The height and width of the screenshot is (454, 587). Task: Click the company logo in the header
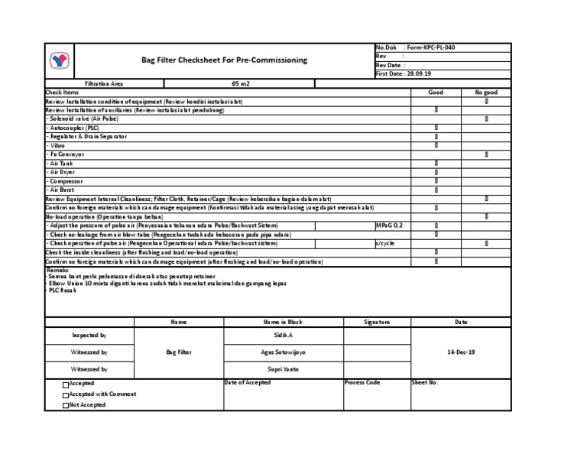click(59, 61)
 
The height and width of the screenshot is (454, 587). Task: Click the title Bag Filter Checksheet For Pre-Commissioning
click(225, 60)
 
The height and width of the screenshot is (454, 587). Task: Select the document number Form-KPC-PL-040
click(432, 47)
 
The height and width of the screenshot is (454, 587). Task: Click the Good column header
click(436, 92)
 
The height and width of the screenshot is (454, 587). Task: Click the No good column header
click(486, 92)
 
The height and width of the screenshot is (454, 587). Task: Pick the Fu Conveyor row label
click(66, 154)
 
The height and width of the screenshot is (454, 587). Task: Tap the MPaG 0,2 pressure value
click(389, 225)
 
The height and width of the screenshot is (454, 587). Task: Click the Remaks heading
click(58, 271)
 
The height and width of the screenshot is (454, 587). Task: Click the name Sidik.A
click(284, 336)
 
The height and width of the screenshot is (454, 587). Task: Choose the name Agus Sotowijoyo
click(284, 352)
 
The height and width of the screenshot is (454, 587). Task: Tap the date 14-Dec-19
click(461, 352)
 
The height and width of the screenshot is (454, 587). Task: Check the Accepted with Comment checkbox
click(66, 395)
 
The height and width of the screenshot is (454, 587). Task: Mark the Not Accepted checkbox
click(66, 406)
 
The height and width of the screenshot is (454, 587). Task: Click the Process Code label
click(362, 382)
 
